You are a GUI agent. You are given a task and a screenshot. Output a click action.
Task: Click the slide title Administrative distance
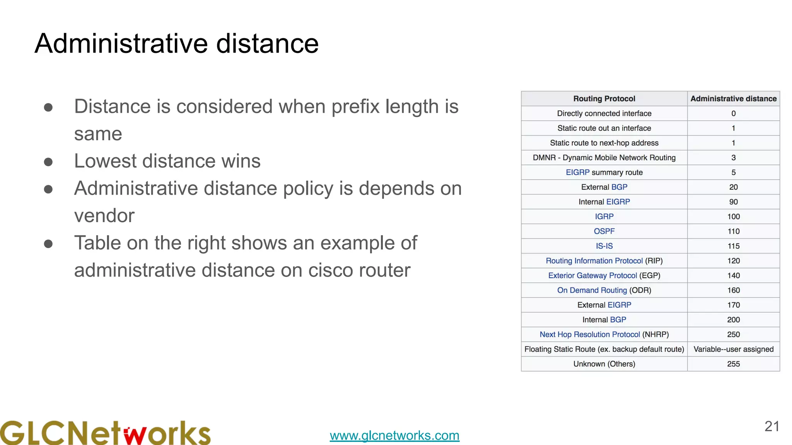click(x=176, y=43)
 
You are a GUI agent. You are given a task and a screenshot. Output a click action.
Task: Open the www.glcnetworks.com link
click(x=394, y=435)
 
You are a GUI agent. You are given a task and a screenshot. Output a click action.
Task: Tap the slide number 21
click(x=772, y=426)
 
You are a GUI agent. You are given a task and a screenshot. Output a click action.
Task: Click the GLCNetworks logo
click(x=105, y=433)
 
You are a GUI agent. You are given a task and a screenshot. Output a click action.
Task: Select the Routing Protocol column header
click(x=604, y=99)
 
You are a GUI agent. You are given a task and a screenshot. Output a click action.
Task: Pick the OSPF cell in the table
click(x=604, y=231)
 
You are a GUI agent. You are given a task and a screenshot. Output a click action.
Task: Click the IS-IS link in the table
click(x=604, y=246)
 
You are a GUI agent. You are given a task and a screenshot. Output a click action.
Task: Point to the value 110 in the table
click(x=733, y=231)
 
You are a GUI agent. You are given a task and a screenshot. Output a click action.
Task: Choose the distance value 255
click(x=733, y=364)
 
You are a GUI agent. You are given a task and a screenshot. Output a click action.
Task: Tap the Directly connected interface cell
click(x=604, y=113)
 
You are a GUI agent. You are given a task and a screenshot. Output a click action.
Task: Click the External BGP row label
click(x=604, y=187)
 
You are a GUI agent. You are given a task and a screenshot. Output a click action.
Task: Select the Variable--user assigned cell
click(x=733, y=349)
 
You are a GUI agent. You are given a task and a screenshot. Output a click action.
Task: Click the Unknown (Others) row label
click(x=604, y=364)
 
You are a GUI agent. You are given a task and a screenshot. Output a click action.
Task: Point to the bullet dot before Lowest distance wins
click(x=48, y=161)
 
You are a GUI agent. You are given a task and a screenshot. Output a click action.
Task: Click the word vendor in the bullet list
click(x=104, y=216)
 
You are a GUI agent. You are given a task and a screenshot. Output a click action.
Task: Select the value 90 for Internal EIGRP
click(x=733, y=202)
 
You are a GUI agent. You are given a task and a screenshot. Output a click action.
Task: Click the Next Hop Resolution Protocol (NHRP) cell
click(x=604, y=335)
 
